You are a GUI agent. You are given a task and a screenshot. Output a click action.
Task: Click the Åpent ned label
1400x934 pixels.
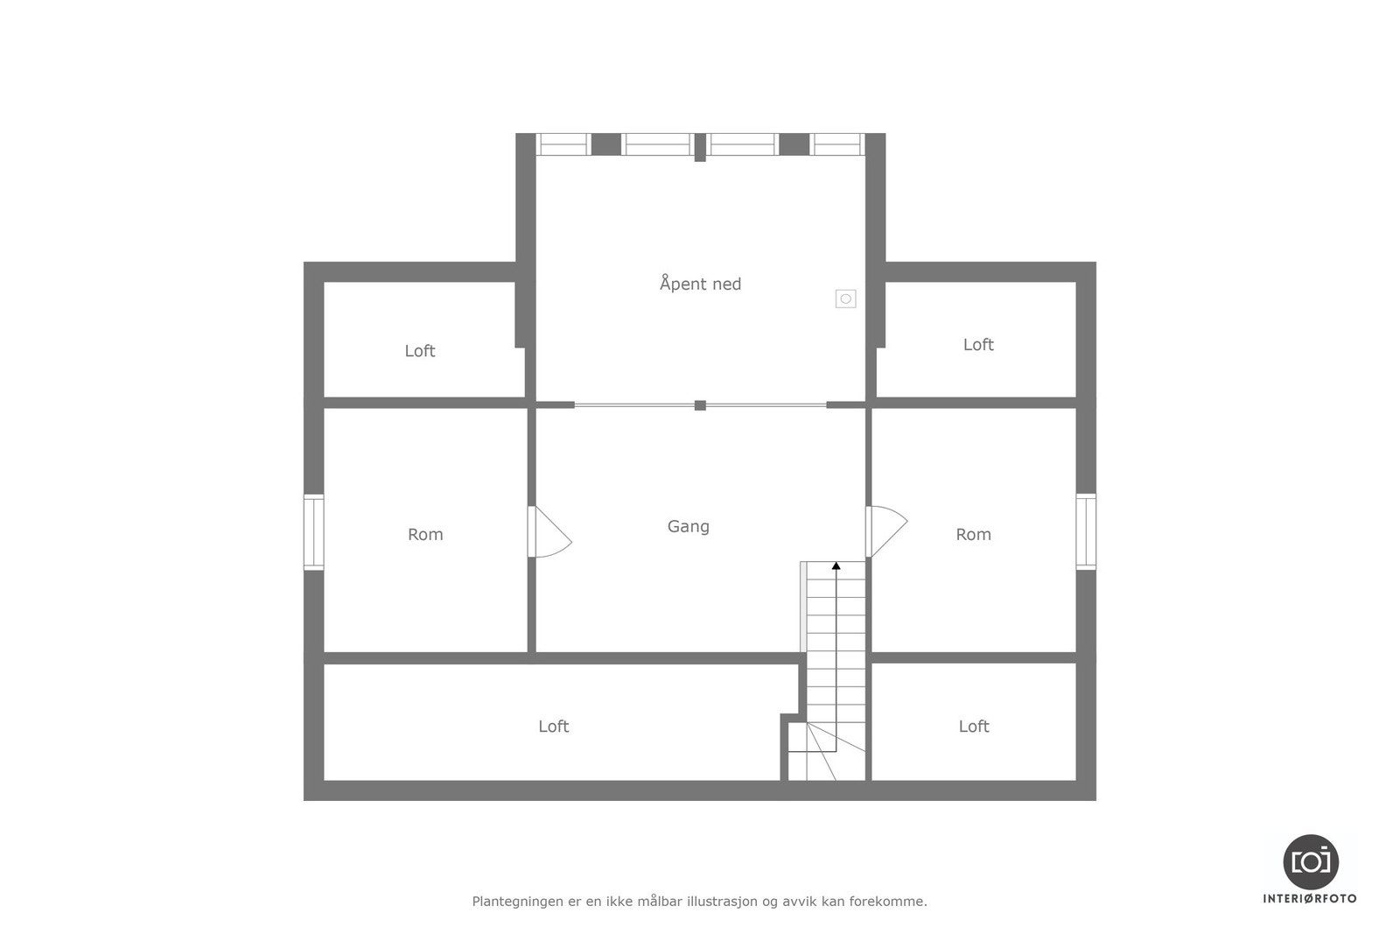[700, 284]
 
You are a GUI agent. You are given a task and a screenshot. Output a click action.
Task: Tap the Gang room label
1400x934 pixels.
[688, 526]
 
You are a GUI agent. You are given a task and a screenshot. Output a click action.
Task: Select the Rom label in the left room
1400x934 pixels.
[425, 534]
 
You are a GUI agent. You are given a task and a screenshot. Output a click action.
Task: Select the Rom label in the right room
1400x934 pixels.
[973, 534]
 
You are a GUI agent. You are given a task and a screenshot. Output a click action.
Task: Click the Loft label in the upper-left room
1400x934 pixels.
[419, 351]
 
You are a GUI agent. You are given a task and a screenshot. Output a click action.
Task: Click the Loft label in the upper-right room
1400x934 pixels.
[978, 345]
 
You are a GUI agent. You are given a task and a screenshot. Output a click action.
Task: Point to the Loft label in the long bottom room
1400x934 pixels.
[553, 726]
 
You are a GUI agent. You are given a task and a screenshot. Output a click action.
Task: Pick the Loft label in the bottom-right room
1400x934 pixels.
[973, 726]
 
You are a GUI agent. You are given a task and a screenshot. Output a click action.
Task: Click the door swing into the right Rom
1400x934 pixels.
[887, 530]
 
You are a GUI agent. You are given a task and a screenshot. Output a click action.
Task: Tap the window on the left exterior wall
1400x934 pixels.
[313, 532]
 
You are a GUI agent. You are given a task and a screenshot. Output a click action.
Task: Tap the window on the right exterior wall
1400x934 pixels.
[1086, 531]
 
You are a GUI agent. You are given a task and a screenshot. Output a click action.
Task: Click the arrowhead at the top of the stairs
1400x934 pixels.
[836, 566]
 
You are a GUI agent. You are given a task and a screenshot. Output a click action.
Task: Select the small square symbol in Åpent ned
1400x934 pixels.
[845, 298]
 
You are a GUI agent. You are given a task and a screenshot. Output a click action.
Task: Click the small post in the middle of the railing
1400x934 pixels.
[700, 405]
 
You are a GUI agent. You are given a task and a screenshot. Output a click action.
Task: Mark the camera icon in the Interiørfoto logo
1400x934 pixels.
[1310, 861]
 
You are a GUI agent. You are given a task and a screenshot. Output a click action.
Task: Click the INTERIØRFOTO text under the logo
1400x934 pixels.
[1310, 898]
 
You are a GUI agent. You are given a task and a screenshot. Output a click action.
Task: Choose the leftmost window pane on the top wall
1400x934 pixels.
[563, 144]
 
